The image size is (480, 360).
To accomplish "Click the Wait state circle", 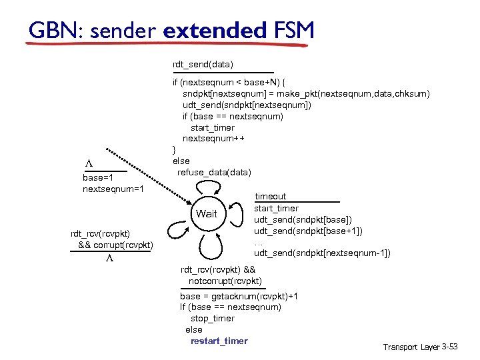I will point(207,214).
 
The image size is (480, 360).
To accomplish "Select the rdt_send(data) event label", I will point(203,64).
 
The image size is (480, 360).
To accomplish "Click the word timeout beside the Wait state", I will point(271,197).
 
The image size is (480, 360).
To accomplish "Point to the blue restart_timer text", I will point(219,341).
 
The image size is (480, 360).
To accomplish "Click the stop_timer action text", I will point(212,318).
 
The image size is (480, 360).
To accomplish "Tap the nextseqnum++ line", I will point(213,139).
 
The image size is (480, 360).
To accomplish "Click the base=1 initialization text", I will point(98,178).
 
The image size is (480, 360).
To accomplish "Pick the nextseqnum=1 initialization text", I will point(113,189).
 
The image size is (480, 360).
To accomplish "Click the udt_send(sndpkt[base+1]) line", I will point(308,231).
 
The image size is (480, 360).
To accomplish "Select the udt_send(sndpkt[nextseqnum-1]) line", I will point(322,253).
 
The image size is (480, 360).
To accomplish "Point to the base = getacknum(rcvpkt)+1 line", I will point(239,296).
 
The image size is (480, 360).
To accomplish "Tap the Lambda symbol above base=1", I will point(88,163).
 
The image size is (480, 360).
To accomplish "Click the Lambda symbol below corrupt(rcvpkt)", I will point(109,258).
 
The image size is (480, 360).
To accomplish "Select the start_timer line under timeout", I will point(276,208).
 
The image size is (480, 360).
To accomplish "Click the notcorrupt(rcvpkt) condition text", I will point(225,281).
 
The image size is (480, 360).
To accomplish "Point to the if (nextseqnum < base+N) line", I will point(229,82).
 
